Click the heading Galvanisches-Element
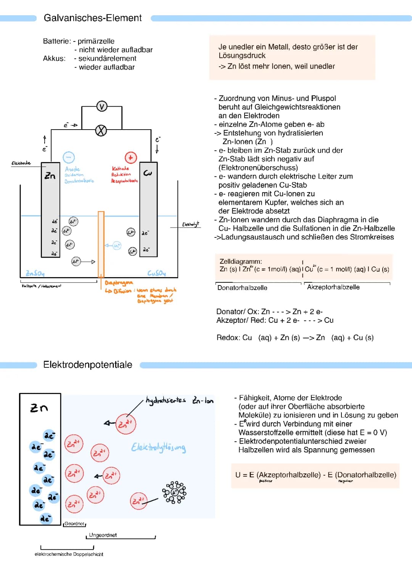tap(93, 18)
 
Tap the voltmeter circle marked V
tap(101, 106)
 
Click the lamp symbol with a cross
tap(101, 130)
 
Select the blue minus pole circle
tap(69, 157)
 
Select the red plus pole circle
tap(130, 157)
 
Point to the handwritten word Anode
tap(72, 169)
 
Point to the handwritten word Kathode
tap(120, 168)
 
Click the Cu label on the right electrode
tap(148, 173)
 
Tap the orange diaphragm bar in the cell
tap(101, 244)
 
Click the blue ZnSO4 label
tap(35, 273)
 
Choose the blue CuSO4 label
tap(156, 273)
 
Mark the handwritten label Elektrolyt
tap(190, 224)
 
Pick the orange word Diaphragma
tap(119, 283)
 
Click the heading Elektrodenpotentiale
tap(88, 365)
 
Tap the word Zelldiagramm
tap(241, 261)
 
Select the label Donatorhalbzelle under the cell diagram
tap(242, 288)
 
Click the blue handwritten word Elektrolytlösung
tap(158, 447)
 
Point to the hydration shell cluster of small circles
tap(174, 492)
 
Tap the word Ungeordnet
tap(103, 535)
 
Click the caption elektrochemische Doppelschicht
tap(69, 554)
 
